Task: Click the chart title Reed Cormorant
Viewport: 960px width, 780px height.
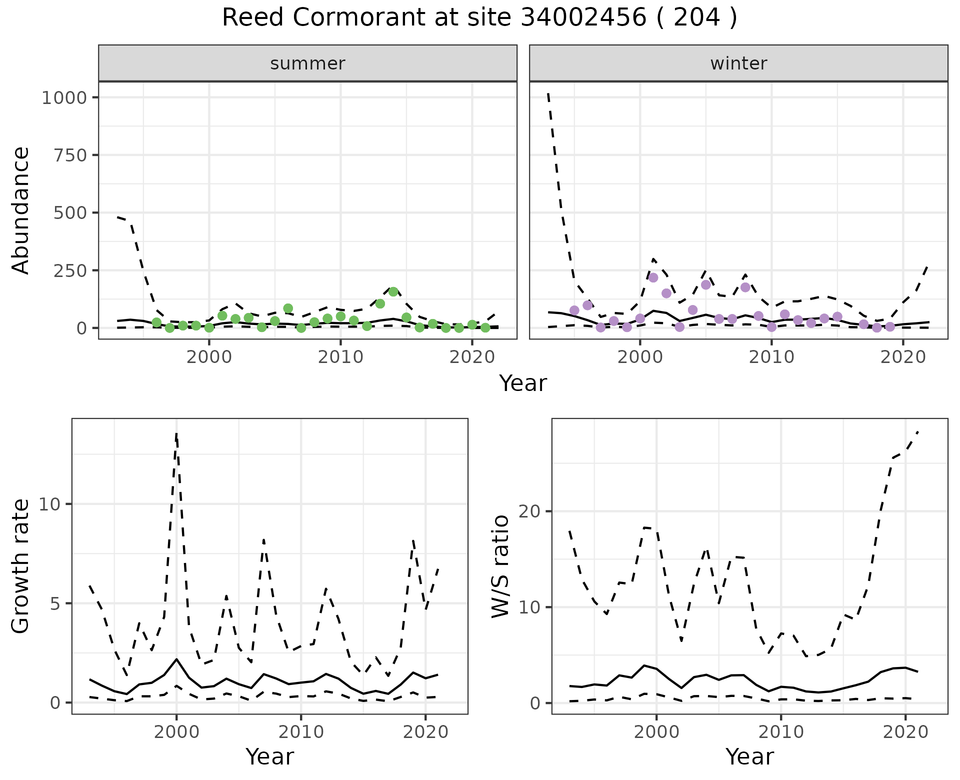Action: (x=479, y=18)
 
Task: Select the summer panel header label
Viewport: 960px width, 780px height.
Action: (x=307, y=63)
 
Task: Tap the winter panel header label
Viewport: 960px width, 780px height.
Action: (x=738, y=63)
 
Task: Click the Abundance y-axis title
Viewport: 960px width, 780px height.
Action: (x=21, y=210)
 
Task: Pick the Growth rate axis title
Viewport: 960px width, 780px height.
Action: (x=21, y=566)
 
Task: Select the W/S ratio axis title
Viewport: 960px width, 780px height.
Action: (x=500, y=566)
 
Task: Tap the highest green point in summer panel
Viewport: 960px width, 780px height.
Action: (x=393, y=292)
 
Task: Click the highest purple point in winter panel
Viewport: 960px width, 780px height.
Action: (x=653, y=278)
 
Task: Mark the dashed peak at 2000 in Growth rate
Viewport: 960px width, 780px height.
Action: (x=176, y=433)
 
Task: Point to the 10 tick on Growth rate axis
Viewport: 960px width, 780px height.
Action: (x=48, y=504)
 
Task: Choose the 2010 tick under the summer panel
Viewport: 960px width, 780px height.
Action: (x=340, y=357)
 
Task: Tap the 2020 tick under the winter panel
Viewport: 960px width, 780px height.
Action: (x=903, y=357)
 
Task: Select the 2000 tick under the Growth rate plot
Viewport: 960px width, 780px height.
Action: (x=176, y=733)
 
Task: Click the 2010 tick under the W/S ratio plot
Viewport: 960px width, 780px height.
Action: (x=780, y=733)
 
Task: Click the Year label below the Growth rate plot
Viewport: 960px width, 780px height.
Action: (x=269, y=757)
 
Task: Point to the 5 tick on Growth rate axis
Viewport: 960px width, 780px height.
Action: (x=54, y=603)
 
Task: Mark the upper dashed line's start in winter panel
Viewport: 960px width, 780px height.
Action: (x=548, y=93)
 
